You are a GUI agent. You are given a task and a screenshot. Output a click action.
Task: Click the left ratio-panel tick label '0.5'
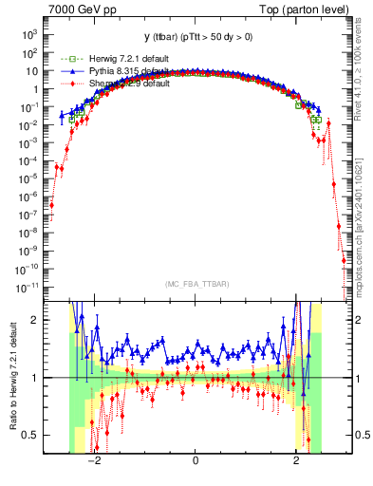tap(32, 435)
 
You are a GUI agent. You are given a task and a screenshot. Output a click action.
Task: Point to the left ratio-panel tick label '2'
tap(36, 321)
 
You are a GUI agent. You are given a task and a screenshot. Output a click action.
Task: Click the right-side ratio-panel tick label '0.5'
tap(357, 435)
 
